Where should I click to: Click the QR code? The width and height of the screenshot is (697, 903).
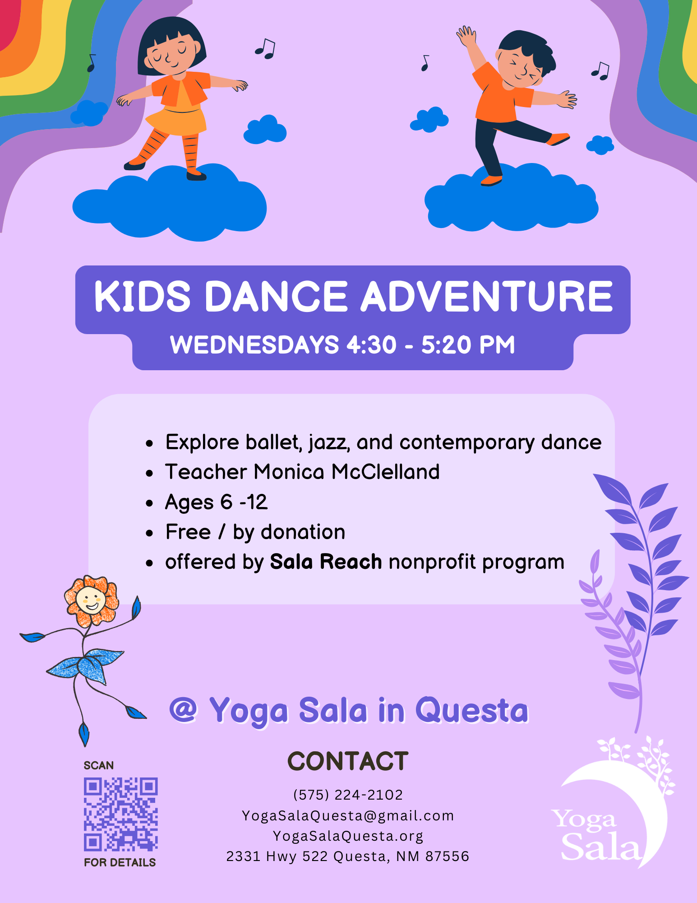click(121, 814)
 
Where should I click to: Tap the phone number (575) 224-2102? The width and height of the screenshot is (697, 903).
click(348, 795)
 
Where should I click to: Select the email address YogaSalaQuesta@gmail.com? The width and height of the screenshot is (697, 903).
click(348, 815)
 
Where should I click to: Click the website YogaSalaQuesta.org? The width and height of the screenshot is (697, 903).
click(348, 836)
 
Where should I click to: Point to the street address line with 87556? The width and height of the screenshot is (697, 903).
click(348, 856)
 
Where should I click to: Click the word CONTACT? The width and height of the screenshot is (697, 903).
click(348, 761)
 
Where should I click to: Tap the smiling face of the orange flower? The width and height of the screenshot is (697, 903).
click(91, 600)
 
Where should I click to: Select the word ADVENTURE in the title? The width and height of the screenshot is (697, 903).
click(487, 297)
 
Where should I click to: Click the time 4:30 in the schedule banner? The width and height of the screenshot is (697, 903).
click(371, 344)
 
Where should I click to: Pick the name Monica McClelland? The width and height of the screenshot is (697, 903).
click(346, 472)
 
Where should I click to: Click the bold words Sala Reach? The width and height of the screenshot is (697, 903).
click(326, 562)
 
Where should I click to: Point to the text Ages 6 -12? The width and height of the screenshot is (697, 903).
click(216, 502)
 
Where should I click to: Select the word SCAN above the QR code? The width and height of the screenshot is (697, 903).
click(99, 765)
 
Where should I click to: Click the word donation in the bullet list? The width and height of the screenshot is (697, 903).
click(303, 532)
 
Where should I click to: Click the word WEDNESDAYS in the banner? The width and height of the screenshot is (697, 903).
click(254, 344)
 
